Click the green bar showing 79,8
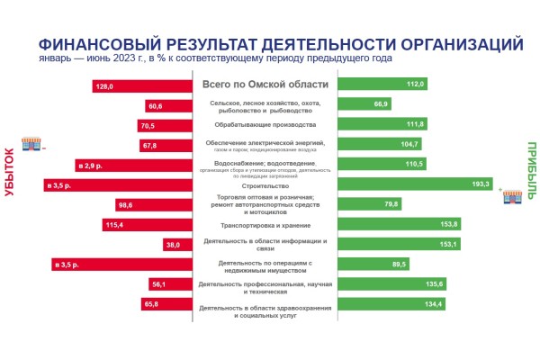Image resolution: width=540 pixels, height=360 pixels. click(x=371, y=204)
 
